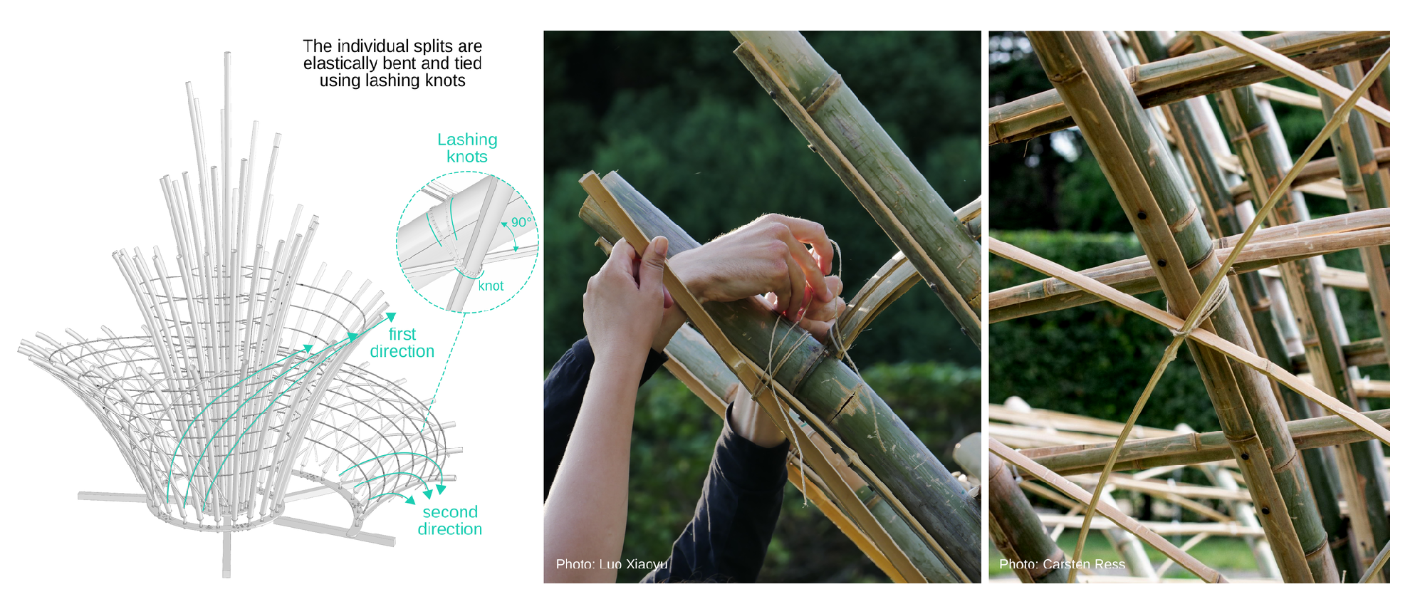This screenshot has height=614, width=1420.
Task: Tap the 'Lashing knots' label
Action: coord(467,148)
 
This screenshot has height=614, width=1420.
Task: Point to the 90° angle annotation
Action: coord(521,222)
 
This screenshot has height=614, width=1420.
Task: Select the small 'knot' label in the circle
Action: coord(491,286)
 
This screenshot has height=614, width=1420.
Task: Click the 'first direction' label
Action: coord(402,343)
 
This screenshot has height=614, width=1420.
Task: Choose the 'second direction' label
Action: coord(450,521)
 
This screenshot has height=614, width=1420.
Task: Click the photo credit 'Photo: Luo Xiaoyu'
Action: coord(612,564)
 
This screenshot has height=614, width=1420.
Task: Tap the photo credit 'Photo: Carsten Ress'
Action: coord(1062,564)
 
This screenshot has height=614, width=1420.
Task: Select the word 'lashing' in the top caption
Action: coord(392,80)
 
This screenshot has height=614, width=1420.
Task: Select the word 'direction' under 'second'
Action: coord(450,529)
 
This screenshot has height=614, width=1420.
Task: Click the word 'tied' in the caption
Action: coord(468,63)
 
